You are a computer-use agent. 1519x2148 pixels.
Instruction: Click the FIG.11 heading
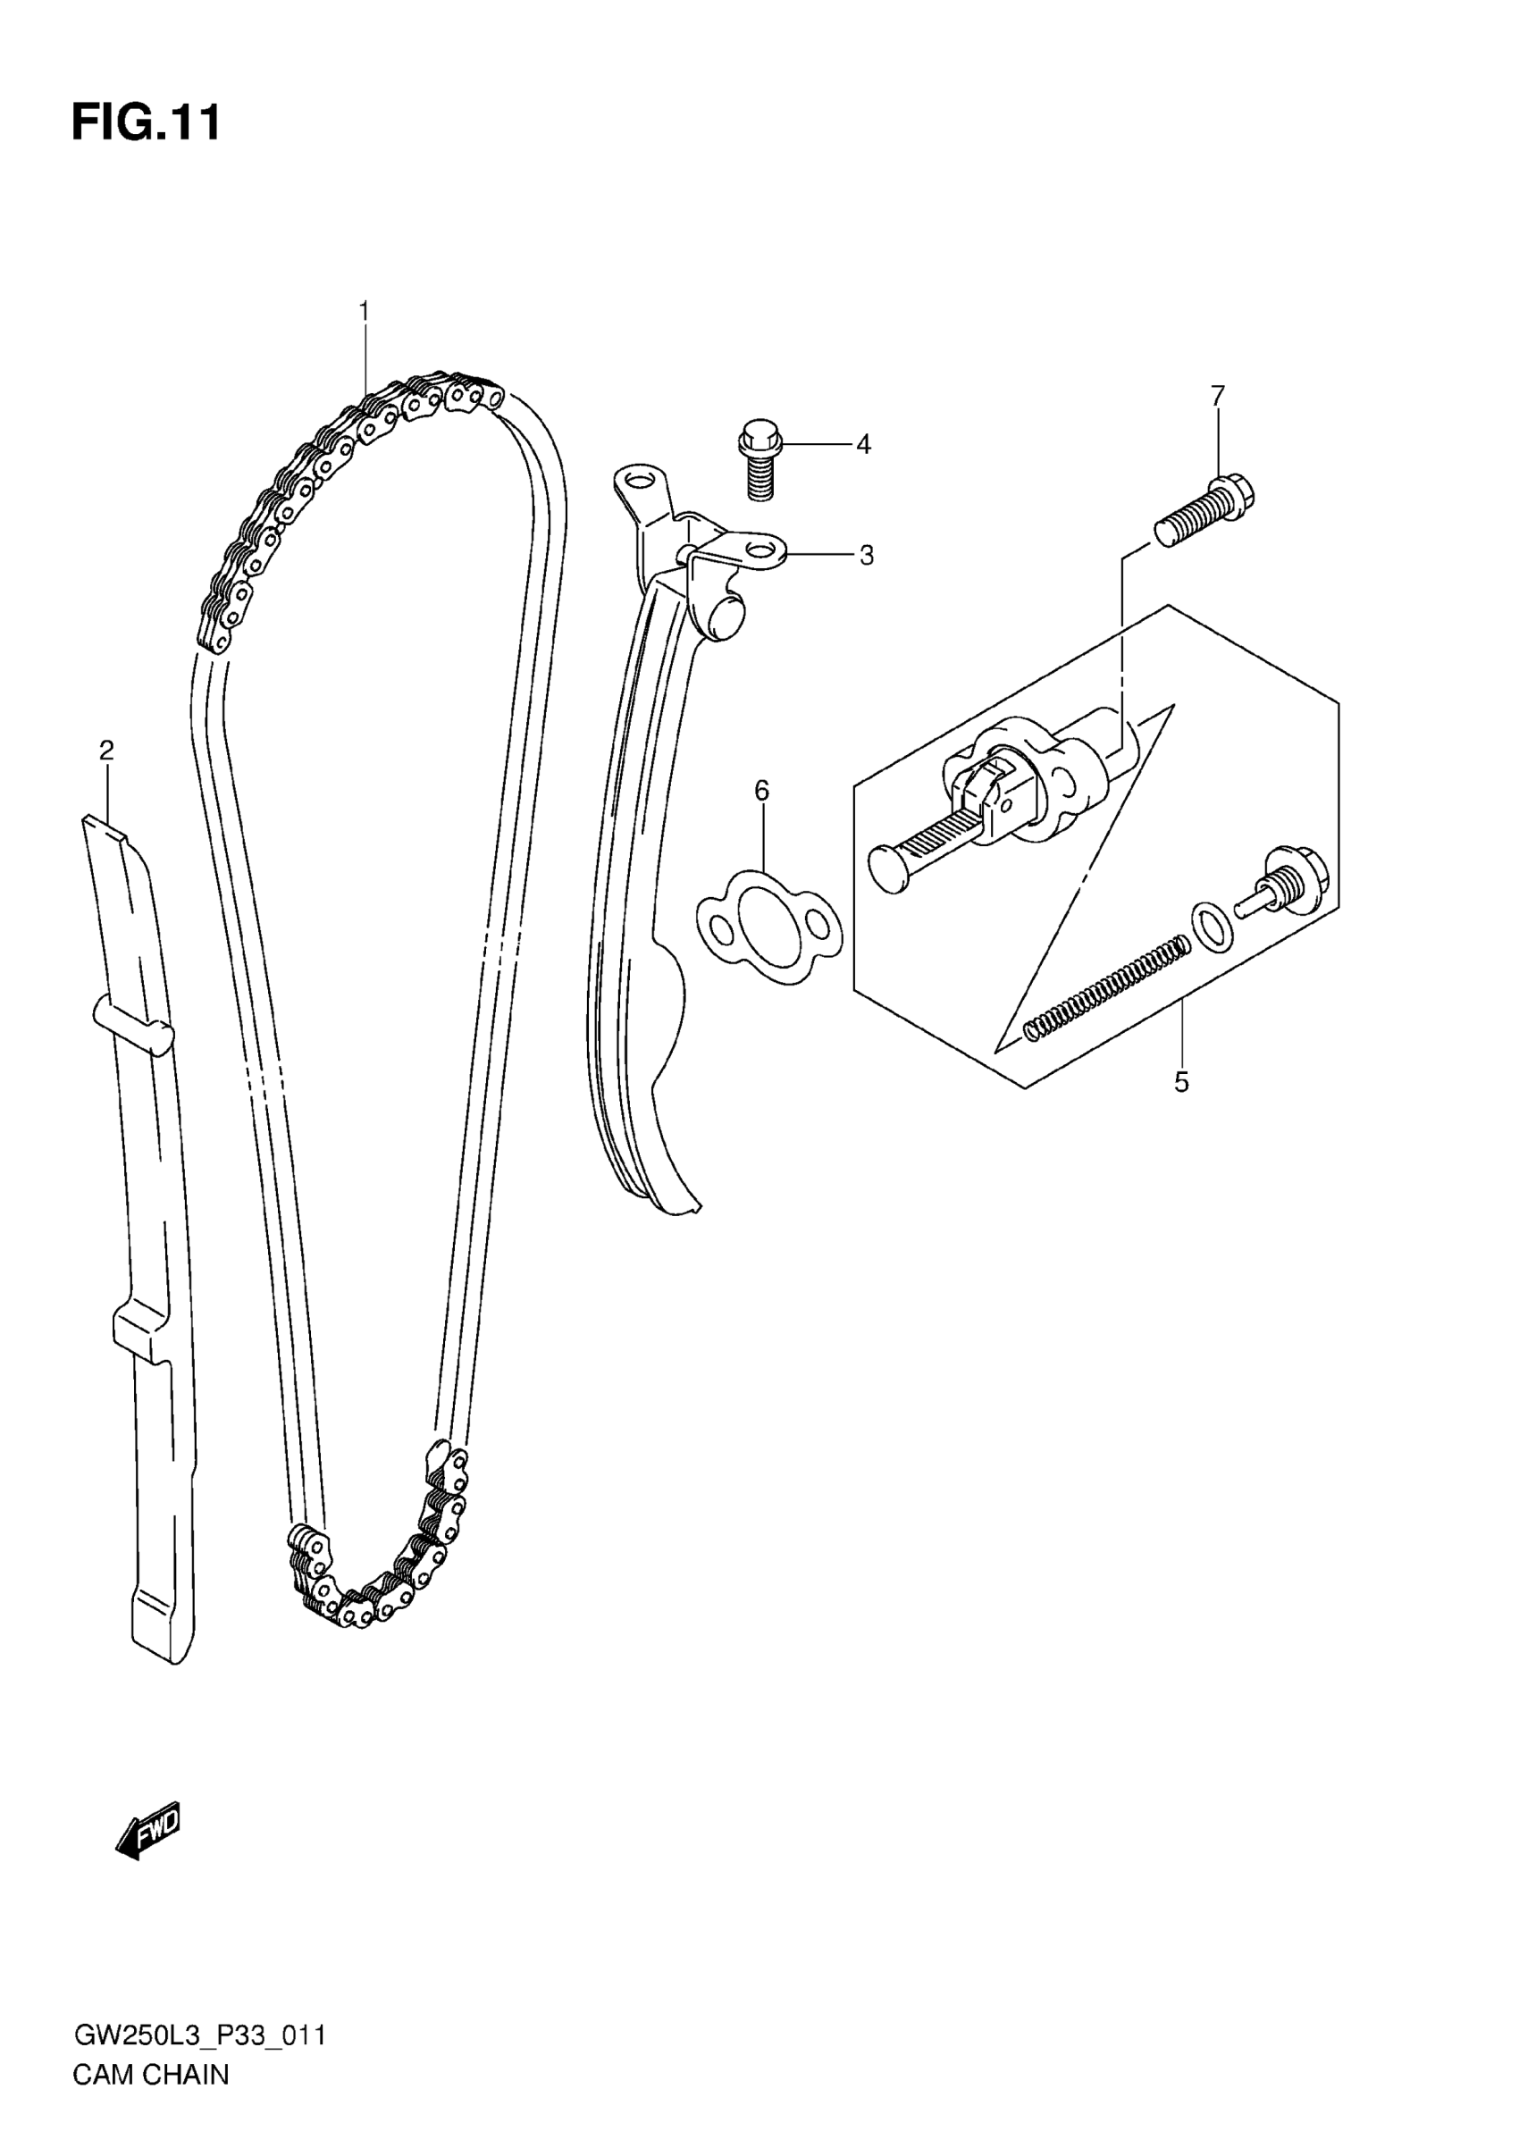point(147,122)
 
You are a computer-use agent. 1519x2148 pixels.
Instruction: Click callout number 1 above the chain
point(364,311)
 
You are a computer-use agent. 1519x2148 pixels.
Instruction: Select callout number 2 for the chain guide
point(106,750)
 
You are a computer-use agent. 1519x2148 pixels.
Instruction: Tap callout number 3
point(866,556)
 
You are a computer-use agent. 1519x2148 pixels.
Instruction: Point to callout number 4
point(863,444)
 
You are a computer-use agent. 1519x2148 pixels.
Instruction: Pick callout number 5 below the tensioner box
point(1181,1082)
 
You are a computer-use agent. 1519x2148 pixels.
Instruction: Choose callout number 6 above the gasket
point(761,792)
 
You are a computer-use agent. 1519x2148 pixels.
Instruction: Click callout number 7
point(1217,396)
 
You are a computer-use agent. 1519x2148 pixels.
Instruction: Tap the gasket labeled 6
point(768,927)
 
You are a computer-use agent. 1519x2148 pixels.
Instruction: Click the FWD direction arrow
point(147,1829)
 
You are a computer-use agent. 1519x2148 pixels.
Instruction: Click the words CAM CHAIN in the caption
point(151,2075)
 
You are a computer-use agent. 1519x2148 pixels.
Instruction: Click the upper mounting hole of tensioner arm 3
point(640,482)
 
